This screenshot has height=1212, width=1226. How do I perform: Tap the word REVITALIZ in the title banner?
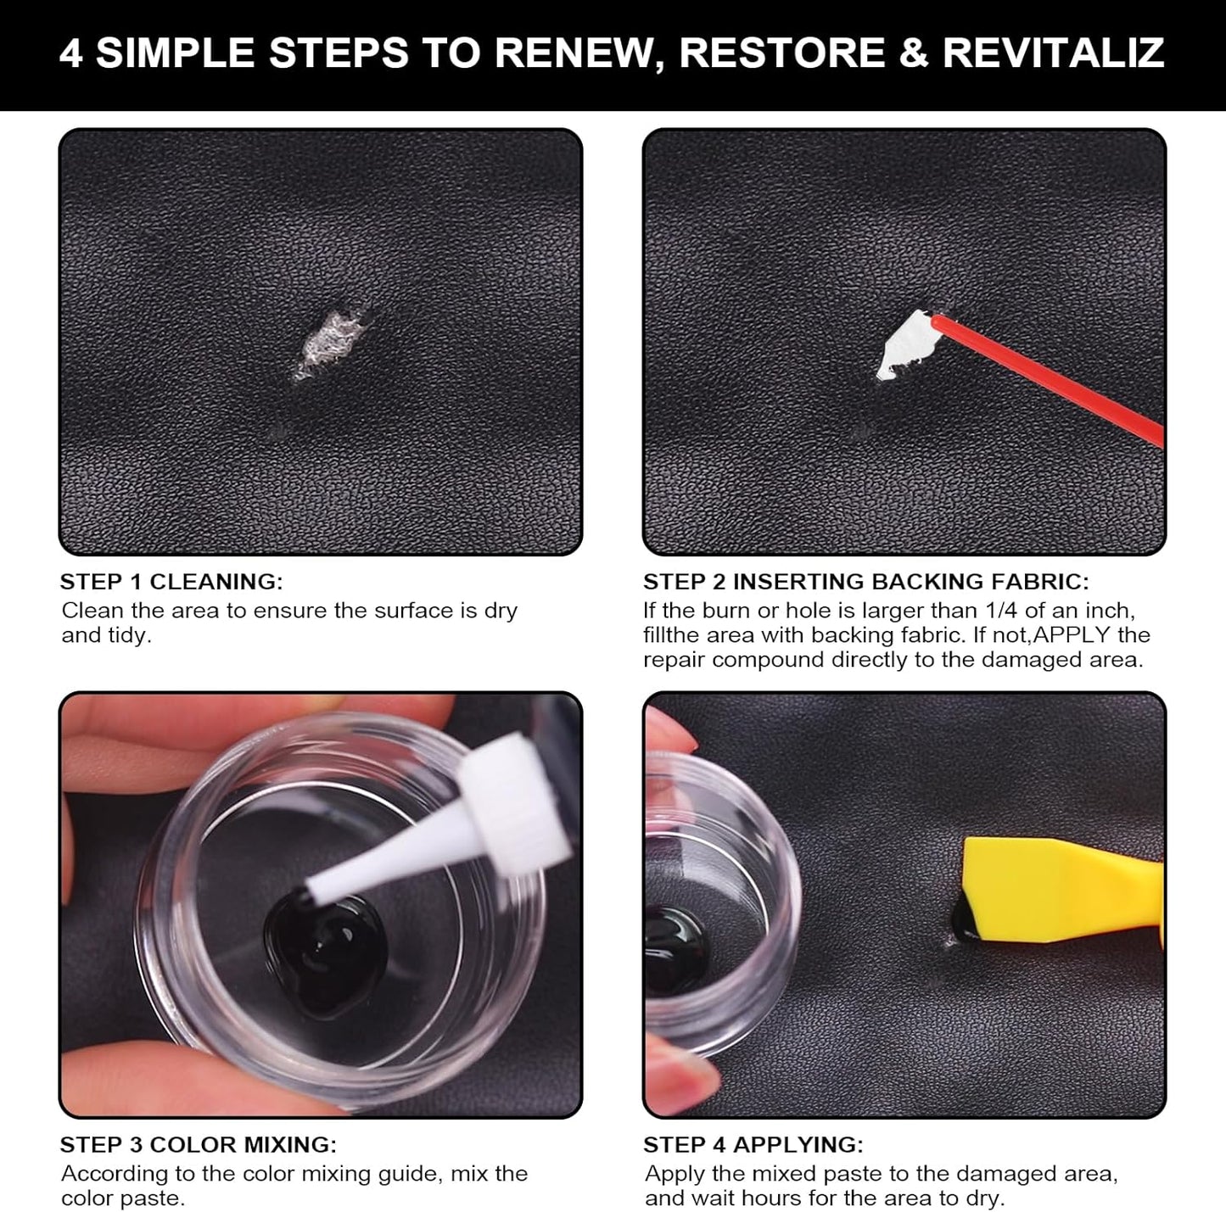coord(1053,53)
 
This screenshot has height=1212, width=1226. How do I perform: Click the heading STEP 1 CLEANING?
coord(171,582)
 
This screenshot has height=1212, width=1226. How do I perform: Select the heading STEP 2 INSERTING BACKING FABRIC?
coord(865,582)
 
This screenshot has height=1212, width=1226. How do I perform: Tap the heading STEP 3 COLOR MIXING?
coord(198,1145)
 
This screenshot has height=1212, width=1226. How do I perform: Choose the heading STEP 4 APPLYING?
coord(753,1145)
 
